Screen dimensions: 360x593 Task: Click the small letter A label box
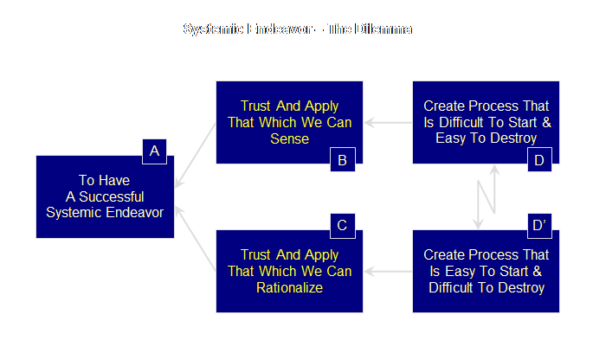154,152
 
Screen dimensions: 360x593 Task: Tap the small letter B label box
342,159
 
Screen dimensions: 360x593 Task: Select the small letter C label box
342,226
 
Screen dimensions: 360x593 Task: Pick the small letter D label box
538,159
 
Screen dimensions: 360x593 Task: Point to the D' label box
538,226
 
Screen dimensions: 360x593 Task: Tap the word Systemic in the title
212,29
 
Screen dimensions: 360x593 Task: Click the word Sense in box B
289,138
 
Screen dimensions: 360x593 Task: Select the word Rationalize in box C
289,287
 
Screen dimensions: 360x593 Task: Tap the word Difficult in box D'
458,287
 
